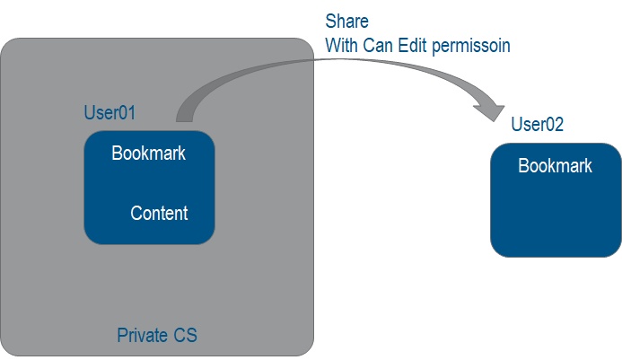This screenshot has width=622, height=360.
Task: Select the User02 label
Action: [537, 125]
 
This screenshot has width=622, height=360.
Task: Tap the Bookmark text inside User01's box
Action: [148, 153]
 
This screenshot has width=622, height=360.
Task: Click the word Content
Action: [159, 213]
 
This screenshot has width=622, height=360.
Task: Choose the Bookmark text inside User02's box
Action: [555, 165]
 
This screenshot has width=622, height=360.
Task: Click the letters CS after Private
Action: [185, 337]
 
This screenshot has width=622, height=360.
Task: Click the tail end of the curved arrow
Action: [184, 116]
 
